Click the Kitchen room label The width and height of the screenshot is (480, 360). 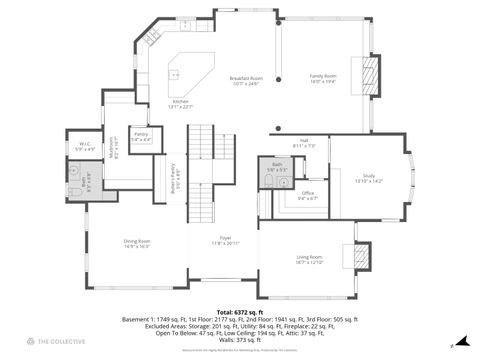(x=181, y=103)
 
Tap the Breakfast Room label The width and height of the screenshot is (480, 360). (x=246, y=81)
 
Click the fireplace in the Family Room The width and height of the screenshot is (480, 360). (x=370, y=74)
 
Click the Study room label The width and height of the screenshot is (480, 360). (x=368, y=179)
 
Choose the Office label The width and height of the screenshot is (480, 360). (x=308, y=196)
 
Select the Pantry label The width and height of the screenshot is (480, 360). (x=141, y=136)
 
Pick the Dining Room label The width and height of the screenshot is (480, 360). (x=137, y=243)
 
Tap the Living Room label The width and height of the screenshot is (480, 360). (x=309, y=259)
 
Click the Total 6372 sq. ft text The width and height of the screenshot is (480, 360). (x=239, y=312)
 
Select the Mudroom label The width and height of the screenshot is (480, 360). (x=114, y=148)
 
